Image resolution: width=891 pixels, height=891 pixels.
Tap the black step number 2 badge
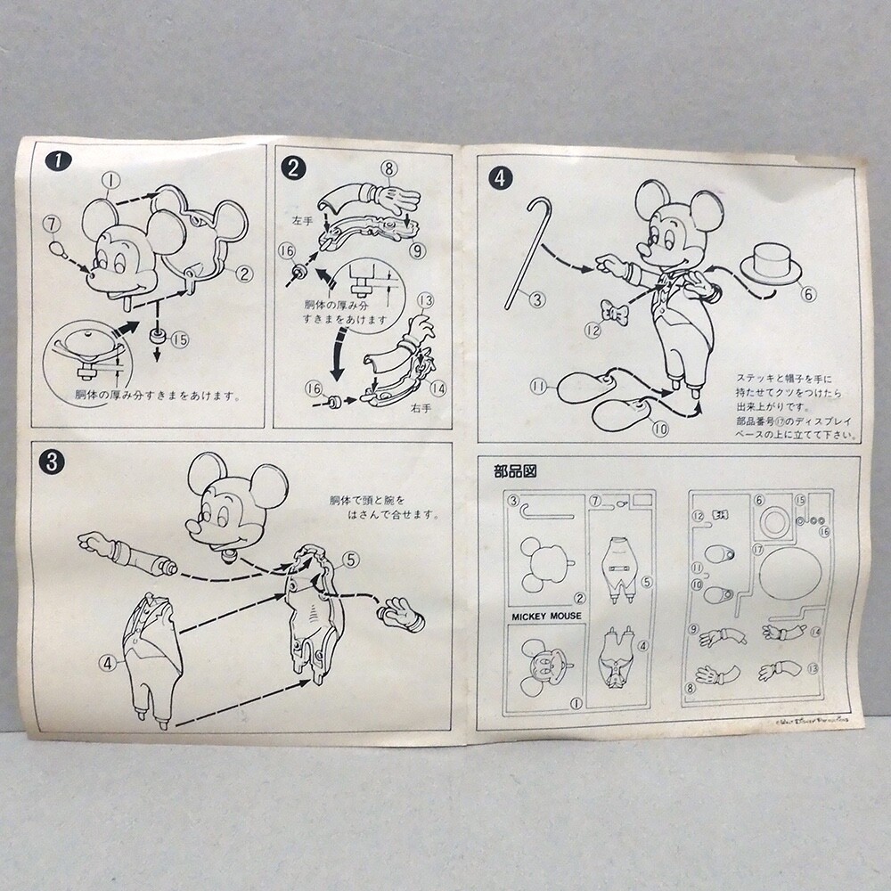pos(291,167)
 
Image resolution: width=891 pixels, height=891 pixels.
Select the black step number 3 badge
pos(53,461)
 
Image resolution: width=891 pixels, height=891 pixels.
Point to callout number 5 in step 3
pos(349,560)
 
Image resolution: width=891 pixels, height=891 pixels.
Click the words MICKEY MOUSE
pos(545,615)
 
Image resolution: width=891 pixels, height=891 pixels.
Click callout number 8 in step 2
pos(388,168)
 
